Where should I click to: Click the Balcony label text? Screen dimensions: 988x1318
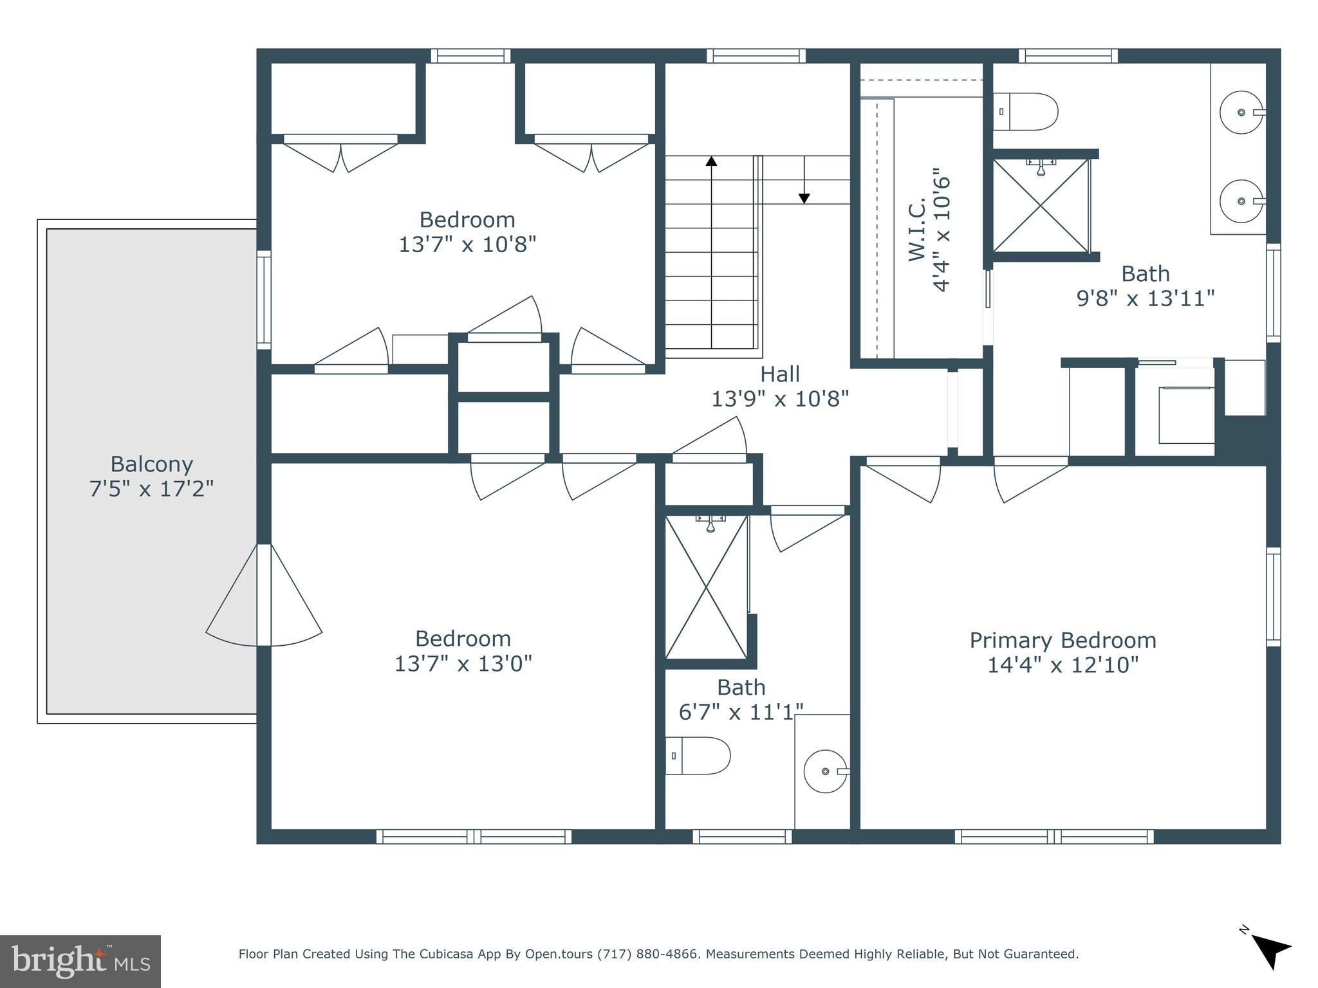151,464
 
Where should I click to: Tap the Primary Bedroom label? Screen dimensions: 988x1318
1063,641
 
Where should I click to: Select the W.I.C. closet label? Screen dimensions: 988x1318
917,230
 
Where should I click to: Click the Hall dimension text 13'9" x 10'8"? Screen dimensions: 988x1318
779,399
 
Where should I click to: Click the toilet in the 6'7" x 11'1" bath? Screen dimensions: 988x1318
698,756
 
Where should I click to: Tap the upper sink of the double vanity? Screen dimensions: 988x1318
1241,113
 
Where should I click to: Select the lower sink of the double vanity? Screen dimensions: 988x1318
1241,201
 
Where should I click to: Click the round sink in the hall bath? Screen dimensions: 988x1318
826,771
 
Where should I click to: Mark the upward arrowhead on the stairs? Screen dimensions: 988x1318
711,161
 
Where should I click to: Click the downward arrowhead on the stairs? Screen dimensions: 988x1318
804,199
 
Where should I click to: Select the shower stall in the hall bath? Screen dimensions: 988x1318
707,587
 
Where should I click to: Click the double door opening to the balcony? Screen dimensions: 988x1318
264,595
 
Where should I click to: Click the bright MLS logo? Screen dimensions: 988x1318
80,961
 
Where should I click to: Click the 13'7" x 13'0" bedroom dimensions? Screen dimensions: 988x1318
463,664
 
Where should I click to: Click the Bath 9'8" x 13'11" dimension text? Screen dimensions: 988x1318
1145,298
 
